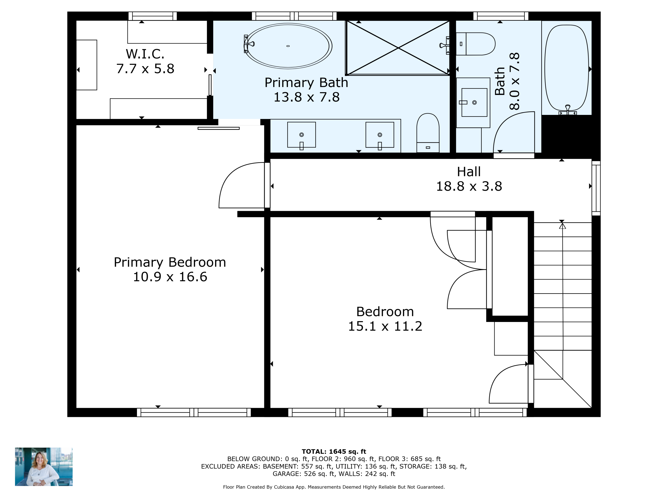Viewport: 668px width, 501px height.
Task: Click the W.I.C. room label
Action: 145,54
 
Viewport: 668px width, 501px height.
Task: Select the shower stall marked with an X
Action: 398,48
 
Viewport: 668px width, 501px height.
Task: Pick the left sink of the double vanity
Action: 301,135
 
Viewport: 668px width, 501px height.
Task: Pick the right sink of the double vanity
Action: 380,135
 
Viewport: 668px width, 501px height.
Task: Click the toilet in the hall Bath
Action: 476,44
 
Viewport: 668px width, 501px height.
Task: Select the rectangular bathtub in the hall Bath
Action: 566,68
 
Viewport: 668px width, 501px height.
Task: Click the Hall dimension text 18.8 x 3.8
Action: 469,186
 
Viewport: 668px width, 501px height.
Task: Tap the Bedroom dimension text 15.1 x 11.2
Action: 385,326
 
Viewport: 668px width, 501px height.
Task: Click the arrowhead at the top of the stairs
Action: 562,226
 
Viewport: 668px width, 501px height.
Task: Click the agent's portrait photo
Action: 44,466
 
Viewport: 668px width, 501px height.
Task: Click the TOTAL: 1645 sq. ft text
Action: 334,452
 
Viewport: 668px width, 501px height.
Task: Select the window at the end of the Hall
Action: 596,188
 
